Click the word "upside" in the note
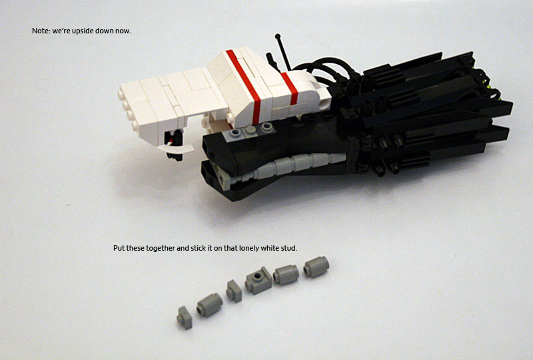click(83, 31)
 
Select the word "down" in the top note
click(104, 31)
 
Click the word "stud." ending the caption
click(289, 248)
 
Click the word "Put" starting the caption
click(119, 248)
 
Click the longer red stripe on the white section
click(244, 87)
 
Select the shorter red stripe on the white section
click(290, 88)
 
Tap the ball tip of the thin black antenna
click(278, 36)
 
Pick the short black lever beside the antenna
click(272, 61)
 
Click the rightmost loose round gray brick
click(316, 267)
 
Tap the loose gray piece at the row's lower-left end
click(185, 317)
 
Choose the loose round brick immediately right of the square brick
click(286, 275)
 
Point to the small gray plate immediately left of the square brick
click(235, 291)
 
